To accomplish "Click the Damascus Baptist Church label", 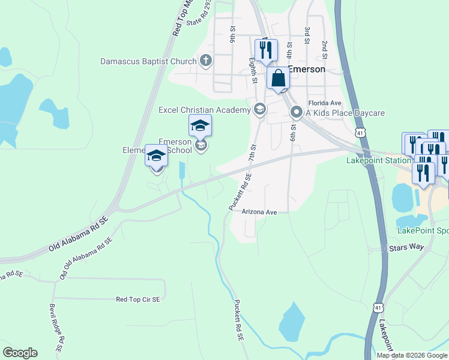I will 148,61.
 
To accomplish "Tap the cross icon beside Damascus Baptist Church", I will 206,60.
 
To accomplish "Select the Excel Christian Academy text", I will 204,110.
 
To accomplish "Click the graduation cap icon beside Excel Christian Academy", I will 260,109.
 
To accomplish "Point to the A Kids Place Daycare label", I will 346,113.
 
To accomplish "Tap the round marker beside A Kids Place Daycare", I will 296,112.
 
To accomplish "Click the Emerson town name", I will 307,69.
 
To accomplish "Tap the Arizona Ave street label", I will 259,212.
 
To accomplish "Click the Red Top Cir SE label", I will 138,299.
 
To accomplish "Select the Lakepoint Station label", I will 378,161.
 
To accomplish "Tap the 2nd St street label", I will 324,47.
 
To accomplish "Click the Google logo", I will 20,353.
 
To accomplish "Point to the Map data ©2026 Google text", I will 411,355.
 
